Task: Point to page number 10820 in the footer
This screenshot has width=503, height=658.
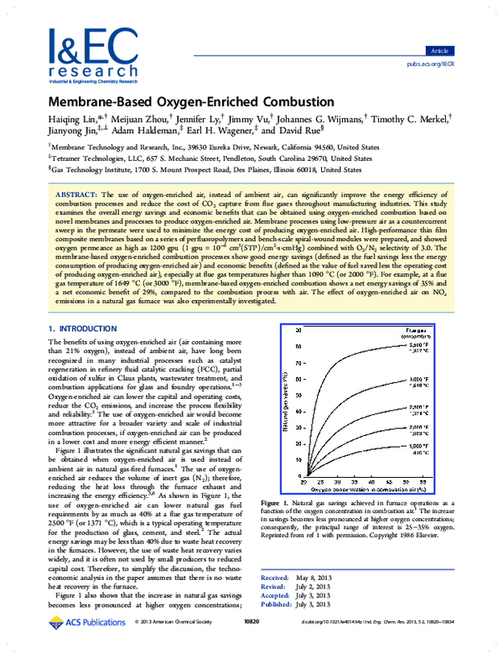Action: click(251, 645)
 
